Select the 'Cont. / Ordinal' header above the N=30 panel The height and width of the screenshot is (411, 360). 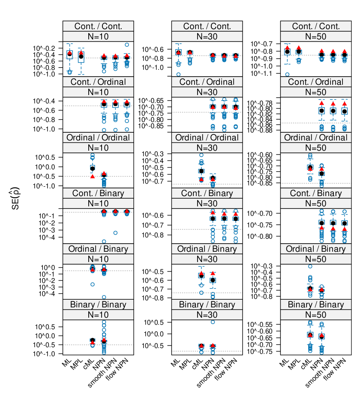point(207,82)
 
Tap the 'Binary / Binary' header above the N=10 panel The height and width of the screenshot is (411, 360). point(98,305)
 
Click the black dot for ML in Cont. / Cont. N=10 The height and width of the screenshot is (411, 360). point(69,54)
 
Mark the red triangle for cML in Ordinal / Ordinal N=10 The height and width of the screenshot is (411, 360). point(92,176)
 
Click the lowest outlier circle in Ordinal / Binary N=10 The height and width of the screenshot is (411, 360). point(104,297)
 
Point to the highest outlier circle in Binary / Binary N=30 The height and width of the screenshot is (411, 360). point(213,322)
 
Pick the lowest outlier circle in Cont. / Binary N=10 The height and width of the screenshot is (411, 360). point(104,241)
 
